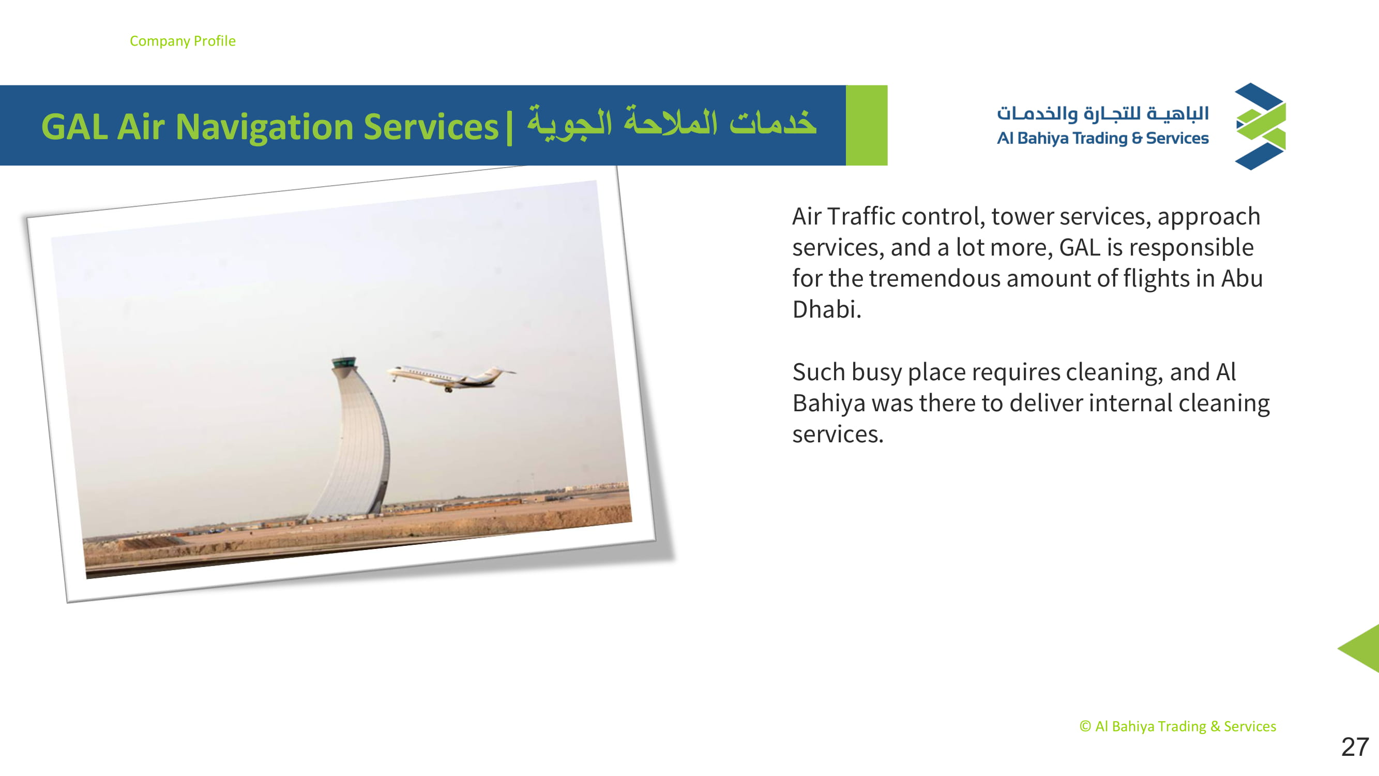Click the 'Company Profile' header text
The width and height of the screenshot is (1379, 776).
(183, 41)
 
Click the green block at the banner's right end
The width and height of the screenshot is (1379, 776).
(867, 125)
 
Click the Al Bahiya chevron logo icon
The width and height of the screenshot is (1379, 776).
(1261, 126)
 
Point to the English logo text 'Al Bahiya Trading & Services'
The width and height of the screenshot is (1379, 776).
(1103, 138)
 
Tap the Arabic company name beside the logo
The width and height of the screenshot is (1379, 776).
(1103, 113)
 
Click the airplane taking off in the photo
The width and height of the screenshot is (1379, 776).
(451, 377)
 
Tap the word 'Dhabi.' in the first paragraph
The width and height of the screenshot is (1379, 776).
(827, 309)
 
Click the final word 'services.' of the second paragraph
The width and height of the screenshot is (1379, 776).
(838, 435)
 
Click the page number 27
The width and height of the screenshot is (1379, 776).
(1354, 747)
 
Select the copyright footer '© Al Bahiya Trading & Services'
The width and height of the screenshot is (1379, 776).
(1178, 726)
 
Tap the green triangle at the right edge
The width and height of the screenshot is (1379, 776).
(1362, 648)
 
